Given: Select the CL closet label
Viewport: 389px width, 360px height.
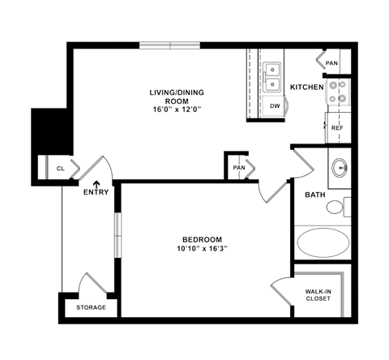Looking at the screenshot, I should (61, 169).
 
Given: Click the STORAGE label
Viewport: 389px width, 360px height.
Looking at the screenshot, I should (91, 308).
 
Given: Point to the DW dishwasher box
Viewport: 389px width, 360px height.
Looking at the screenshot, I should (274, 105).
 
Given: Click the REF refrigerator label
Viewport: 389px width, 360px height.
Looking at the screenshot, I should (337, 128).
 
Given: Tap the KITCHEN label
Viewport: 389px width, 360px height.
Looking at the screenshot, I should (306, 87).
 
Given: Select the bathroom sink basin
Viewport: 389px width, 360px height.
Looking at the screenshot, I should (340, 168).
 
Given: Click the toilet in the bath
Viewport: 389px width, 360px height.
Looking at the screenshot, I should (337, 207).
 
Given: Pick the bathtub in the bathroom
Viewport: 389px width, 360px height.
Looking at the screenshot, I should (321, 242).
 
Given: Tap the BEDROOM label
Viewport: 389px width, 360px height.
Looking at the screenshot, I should (202, 239).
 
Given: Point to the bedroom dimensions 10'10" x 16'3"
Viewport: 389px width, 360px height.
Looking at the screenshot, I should (202, 249).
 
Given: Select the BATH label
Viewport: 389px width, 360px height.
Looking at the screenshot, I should (315, 195).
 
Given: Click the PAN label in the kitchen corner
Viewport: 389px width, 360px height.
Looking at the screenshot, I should (331, 62).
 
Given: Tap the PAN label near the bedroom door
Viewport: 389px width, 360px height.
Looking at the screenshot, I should (237, 168).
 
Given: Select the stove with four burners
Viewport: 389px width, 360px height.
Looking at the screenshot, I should (337, 93).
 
